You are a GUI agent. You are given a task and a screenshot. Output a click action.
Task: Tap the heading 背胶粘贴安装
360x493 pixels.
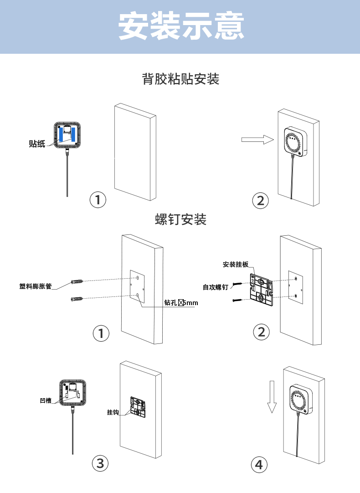click(x=181, y=79)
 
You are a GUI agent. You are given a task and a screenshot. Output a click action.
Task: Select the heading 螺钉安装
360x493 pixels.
click(x=181, y=220)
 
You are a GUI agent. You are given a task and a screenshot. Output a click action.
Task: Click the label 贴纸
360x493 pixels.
click(x=37, y=144)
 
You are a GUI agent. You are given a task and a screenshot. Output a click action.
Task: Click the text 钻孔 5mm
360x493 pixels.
click(x=181, y=302)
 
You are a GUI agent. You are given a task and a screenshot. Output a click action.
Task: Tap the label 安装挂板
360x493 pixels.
click(x=236, y=265)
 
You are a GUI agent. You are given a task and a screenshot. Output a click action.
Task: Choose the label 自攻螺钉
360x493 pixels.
click(x=216, y=287)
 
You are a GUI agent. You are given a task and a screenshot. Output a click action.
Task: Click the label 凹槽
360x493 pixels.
click(x=46, y=400)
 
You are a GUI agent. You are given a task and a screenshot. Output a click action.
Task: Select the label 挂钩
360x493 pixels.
click(x=113, y=412)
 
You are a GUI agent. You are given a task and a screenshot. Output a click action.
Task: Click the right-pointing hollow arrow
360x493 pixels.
click(x=253, y=140)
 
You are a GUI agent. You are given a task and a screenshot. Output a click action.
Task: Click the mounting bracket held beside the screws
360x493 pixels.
click(x=261, y=290)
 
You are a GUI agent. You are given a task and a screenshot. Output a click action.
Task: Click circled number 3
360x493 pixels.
click(x=100, y=464)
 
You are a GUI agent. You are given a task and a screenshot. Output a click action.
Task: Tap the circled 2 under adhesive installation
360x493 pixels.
click(x=261, y=201)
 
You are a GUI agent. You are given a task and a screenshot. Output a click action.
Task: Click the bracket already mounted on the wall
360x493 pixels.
click(x=138, y=407)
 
